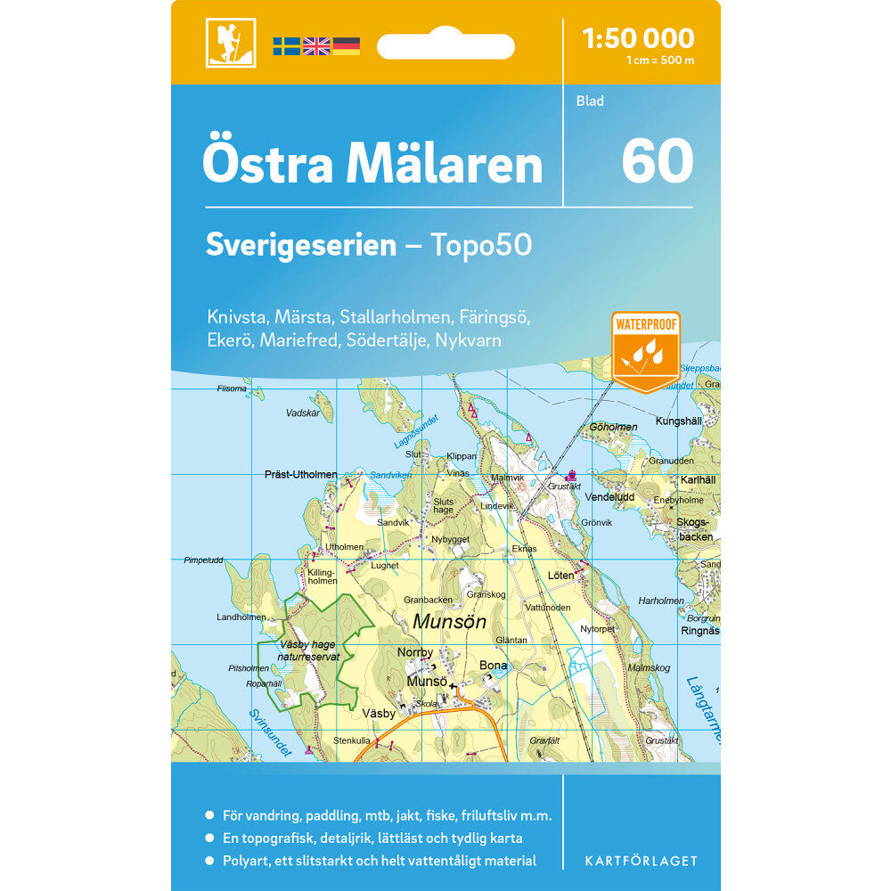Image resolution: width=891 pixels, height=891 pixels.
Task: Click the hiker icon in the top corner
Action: [x=231, y=42]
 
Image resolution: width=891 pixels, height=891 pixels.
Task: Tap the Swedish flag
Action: [x=286, y=46]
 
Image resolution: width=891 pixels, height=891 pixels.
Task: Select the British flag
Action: [x=316, y=46]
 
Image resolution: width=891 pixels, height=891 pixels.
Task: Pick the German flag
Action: [x=346, y=46]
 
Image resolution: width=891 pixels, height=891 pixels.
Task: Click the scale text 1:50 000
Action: [x=637, y=38]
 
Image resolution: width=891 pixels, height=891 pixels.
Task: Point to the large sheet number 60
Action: [x=658, y=161]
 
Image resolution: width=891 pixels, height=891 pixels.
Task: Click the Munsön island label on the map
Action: [x=449, y=622]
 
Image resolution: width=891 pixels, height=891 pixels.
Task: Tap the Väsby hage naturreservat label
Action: [x=309, y=650]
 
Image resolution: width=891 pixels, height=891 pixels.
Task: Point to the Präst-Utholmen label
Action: [x=301, y=474]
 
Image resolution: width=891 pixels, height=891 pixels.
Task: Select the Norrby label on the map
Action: [x=415, y=652]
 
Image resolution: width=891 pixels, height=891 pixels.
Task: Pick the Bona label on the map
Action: [x=493, y=665]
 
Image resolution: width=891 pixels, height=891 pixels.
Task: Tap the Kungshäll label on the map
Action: [x=679, y=421]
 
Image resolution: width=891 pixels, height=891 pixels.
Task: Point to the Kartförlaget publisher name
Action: [x=641, y=861]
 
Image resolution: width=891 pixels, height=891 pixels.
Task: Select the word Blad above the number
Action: [x=590, y=101]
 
